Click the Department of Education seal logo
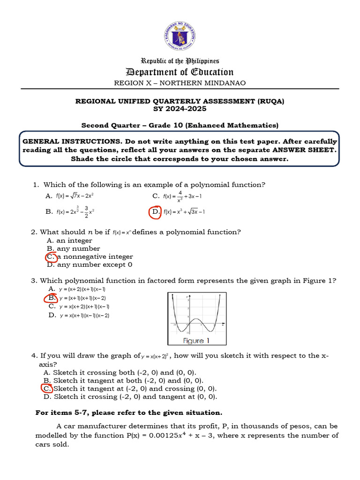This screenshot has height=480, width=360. [x=180, y=36]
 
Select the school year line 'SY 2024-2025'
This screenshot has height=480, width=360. [x=180, y=109]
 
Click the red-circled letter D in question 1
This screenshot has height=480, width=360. [x=155, y=212]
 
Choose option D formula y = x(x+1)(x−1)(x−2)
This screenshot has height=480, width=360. [x=84, y=315]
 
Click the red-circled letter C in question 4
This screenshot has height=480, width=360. [x=47, y=389]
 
